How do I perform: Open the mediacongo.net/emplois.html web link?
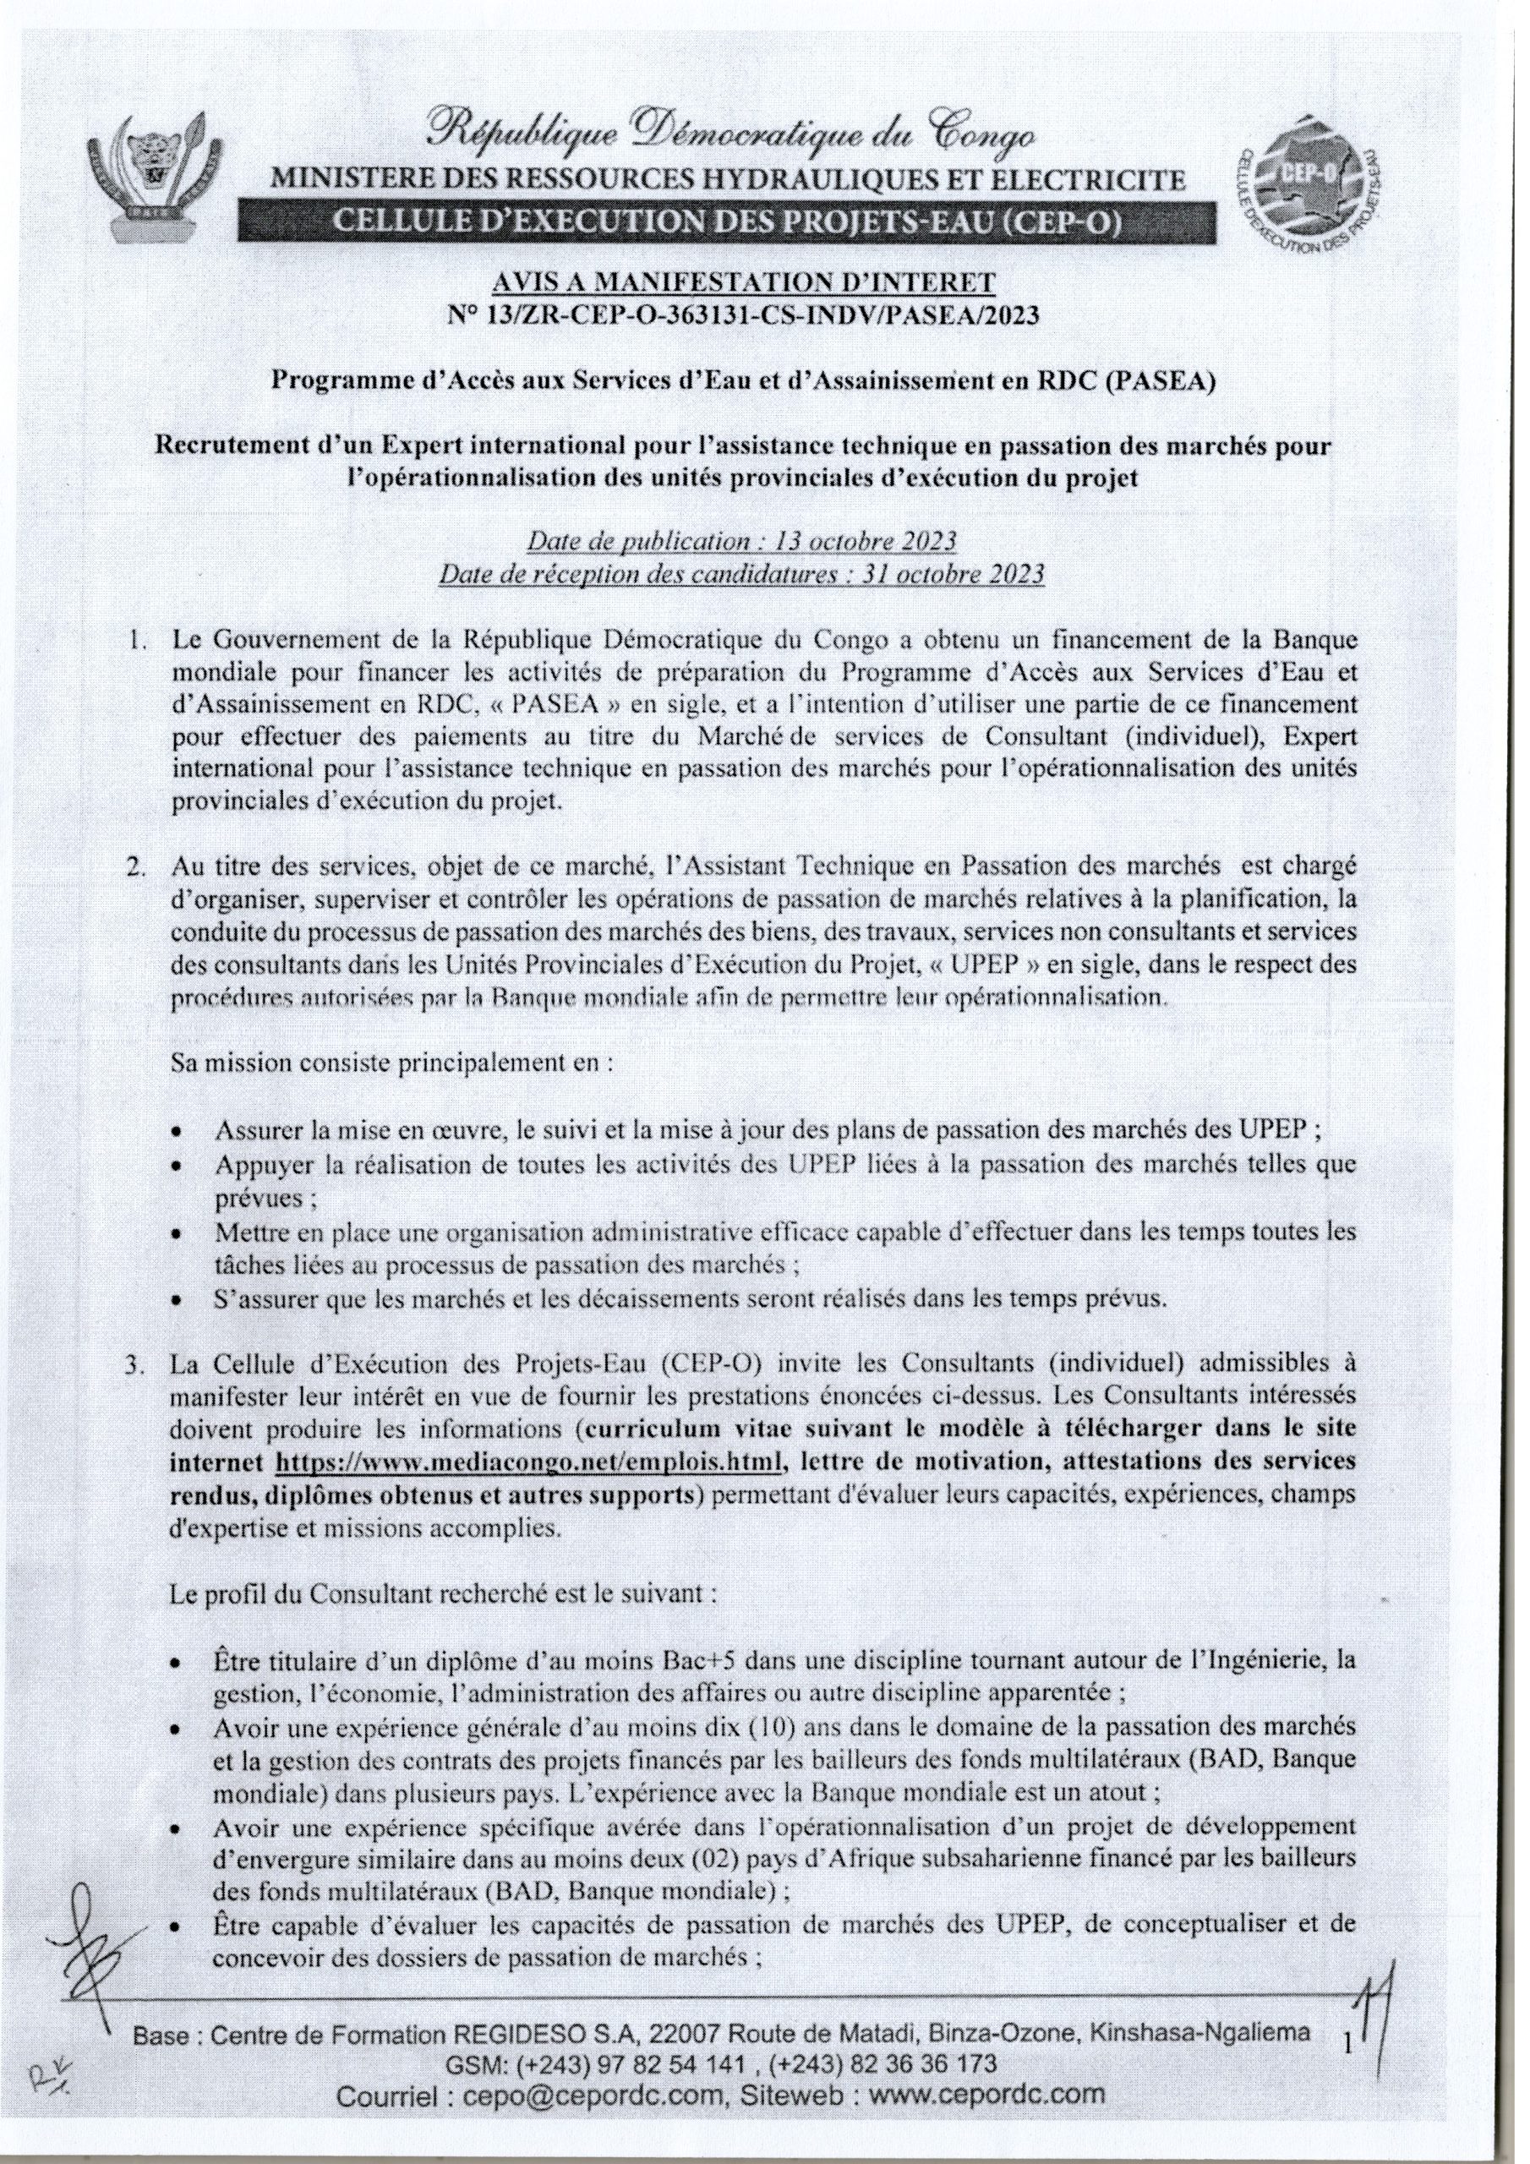click(x=528, y=1462)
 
